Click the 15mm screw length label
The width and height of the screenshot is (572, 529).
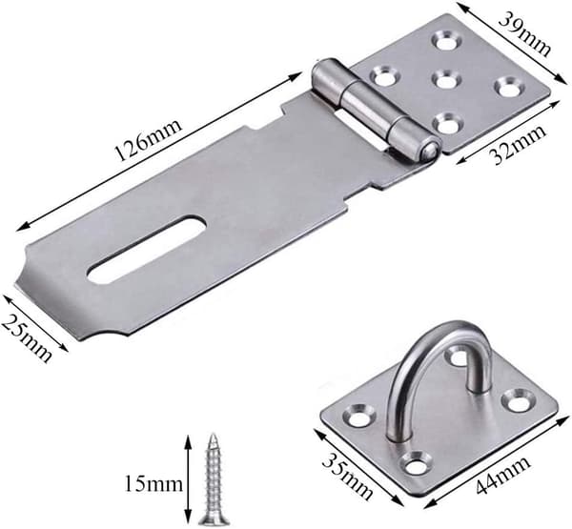[x=153, y=484]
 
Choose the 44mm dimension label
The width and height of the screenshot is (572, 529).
[x=502, y=475]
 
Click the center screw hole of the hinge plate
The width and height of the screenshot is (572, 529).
[x=444, y=79]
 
